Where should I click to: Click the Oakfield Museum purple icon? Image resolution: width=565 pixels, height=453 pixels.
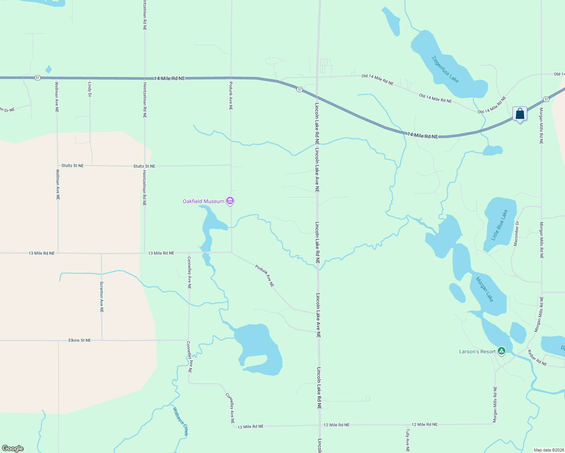(230, 201)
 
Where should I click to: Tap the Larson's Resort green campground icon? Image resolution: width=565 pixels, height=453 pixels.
(501, 351)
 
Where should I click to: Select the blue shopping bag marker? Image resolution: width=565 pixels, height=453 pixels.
(520, 114)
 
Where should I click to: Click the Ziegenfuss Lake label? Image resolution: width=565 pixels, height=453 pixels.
(445, 69)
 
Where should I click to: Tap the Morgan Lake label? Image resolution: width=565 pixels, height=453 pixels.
(485, 290)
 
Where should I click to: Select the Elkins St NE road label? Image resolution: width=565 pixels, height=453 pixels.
(80, 340)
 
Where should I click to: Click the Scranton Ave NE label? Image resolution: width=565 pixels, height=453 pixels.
(102, 297)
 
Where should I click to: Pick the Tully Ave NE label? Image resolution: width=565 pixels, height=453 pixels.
(408, 440)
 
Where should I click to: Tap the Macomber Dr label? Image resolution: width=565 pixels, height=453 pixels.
(516, 234)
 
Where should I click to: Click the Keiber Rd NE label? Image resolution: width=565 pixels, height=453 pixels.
(537, 358)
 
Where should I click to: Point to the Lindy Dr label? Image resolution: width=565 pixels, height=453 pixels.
(90, 89)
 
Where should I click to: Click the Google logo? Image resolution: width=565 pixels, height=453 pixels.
(13, 448)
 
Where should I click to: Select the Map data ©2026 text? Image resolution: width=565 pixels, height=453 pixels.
(548, 450)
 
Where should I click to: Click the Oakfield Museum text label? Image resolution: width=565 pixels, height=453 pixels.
(203, 201)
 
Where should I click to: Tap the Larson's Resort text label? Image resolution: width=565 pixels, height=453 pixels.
(477, 351)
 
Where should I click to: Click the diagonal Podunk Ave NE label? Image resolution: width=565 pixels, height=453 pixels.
(264, 276)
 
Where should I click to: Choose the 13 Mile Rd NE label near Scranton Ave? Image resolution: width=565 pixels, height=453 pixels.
(42, 253)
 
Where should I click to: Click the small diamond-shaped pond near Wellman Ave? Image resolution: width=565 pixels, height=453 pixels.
(48, 69)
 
